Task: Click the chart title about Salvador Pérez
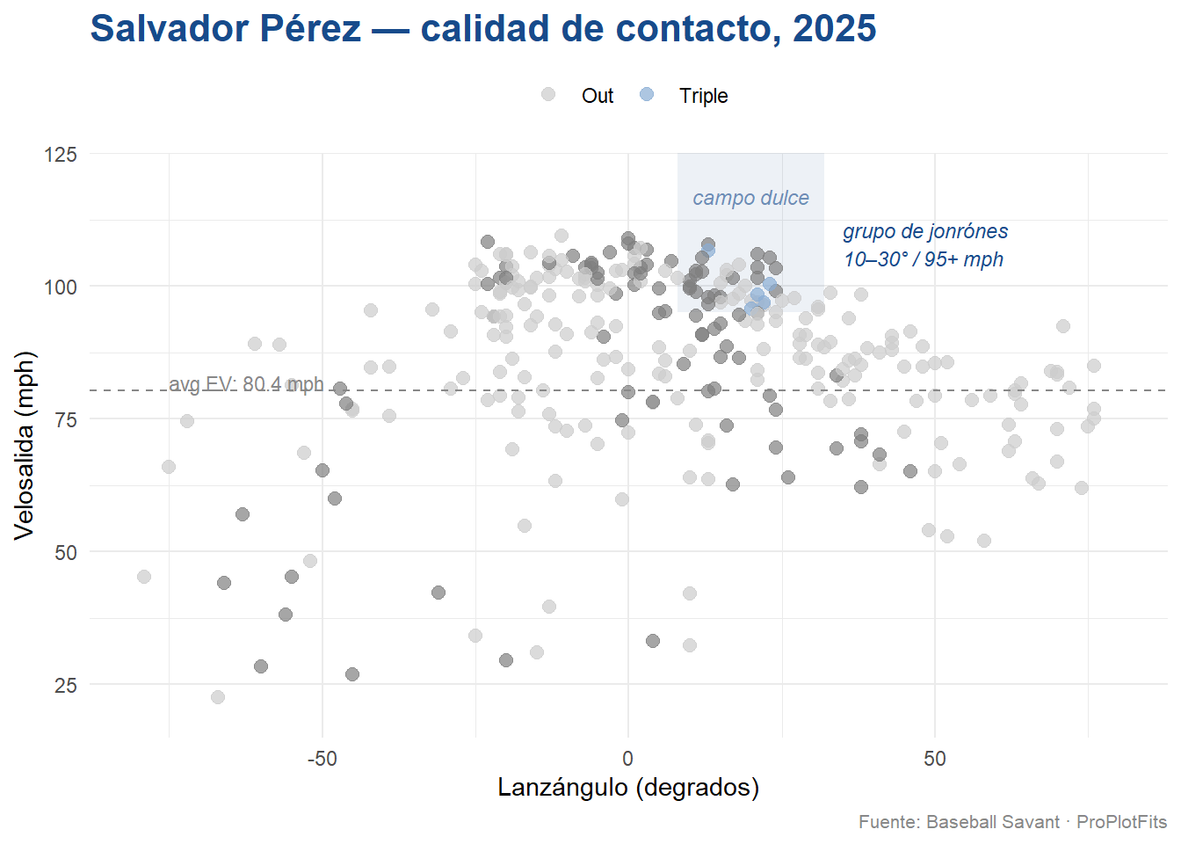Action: point(482,29)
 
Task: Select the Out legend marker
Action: point(548,94)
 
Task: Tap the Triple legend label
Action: point(703,96)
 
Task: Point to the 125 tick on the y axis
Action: point(61,155)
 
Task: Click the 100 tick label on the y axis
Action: point(61,287)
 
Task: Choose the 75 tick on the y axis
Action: point(66,420)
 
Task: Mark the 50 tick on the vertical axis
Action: point(66,553)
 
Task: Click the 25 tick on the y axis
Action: point(66,686)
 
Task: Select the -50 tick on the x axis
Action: point(322,759)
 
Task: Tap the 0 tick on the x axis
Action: point(627,759)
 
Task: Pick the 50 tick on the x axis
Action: point(934,759)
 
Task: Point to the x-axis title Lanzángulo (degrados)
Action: point(628,787)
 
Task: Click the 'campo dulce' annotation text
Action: point(750,198)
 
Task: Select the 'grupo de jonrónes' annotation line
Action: point(925,231)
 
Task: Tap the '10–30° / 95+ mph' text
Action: point(924,259)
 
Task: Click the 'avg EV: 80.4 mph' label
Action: point(246,384)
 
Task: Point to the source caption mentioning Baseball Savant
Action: point(1012,822)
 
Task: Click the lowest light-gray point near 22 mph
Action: point(218,697)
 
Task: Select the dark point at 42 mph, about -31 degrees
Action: point(438,593)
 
